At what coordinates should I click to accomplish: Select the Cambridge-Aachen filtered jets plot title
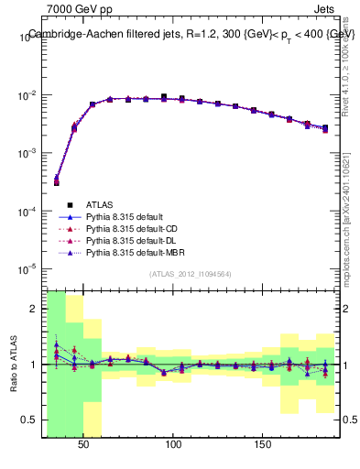coord(191,34)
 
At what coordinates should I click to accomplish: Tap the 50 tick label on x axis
coord(83,444)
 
